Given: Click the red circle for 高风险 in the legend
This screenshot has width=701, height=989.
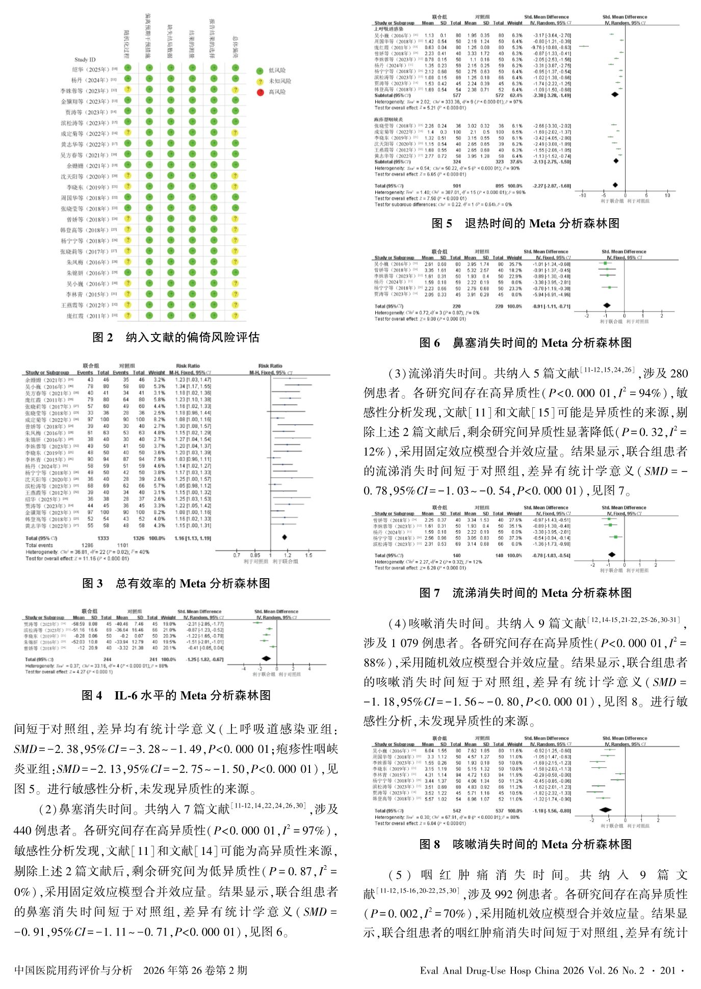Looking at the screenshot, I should click(260, 92).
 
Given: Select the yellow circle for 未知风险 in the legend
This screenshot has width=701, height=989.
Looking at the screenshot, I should click(260, 81).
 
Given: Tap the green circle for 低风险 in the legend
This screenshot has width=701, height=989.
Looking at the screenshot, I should click(260, 70).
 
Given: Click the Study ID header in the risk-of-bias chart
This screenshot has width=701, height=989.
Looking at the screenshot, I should click(85, 60).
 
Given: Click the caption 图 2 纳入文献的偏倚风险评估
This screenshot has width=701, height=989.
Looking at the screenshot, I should click(176, 337).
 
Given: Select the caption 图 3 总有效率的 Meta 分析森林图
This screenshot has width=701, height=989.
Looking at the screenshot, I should click(176, 583).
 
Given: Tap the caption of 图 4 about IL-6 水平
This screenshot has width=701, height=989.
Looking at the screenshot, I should click(176, 695).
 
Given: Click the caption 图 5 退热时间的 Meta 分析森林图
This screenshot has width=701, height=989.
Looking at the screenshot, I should click(525, 223).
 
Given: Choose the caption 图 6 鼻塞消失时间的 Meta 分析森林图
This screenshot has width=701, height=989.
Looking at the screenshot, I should click(525, 343).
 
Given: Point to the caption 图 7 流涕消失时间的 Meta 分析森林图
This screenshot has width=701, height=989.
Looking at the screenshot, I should click(525, 593).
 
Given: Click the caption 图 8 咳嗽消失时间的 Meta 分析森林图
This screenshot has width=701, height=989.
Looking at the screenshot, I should click(525, 844).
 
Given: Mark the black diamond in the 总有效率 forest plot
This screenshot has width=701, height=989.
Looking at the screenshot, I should click(284, 537).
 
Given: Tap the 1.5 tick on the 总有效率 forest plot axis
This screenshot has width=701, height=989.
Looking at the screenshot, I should click(308, 555).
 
